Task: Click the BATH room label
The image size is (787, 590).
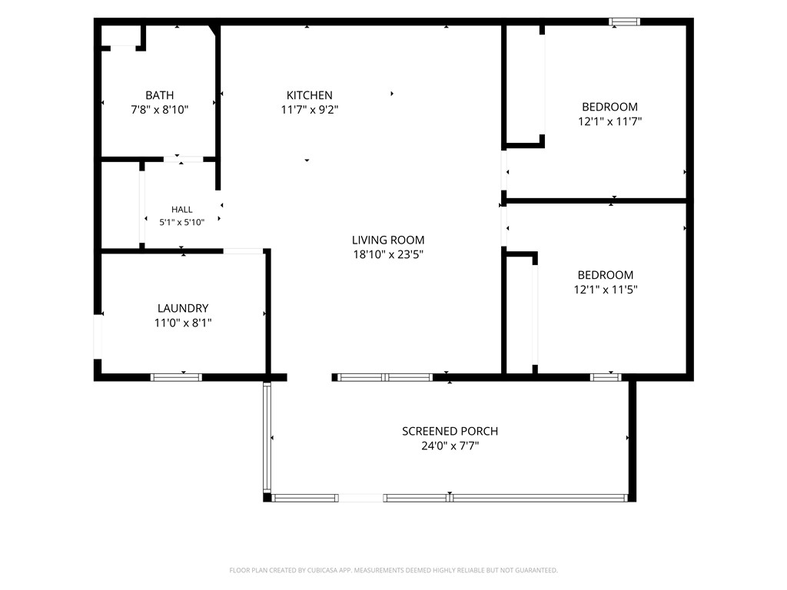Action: tap(160, 95)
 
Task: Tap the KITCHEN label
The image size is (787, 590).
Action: tap(309, 95)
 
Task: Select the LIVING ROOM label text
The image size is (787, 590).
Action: tap(388, 240)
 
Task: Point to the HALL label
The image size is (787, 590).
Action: tap(181, 210)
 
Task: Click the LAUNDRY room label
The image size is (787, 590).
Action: tap(183, 308)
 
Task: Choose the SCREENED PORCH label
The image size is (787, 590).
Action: tap(450, 431)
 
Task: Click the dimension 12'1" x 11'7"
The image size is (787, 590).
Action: tap(609, 121)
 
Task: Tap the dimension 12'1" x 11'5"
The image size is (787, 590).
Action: tap(606, 290)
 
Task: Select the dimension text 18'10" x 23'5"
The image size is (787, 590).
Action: tap(388, 254)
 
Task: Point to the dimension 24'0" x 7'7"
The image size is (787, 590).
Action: tap(450, 446)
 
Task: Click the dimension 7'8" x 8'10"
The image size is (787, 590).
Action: tap(160, 110)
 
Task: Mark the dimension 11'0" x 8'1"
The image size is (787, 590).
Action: tap(183, 323)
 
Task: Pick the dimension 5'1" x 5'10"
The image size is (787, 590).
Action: tap(181, 222)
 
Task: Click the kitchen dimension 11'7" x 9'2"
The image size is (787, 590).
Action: tap(309, 110)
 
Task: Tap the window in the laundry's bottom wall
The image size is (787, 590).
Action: tap(176, 377)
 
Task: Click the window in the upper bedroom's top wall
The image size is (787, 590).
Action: tap(624, 22)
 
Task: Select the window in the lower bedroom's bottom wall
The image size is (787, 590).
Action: tap(606, 377)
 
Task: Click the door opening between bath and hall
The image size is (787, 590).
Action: tap(183, 160)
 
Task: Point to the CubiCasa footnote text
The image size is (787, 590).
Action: tap(393, 571)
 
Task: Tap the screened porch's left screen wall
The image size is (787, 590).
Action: tap(267, 437)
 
